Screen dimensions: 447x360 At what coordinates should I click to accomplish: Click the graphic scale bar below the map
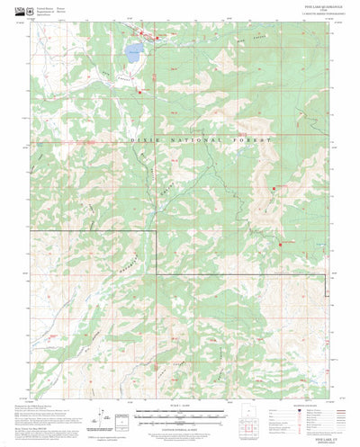tap(180, 415)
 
